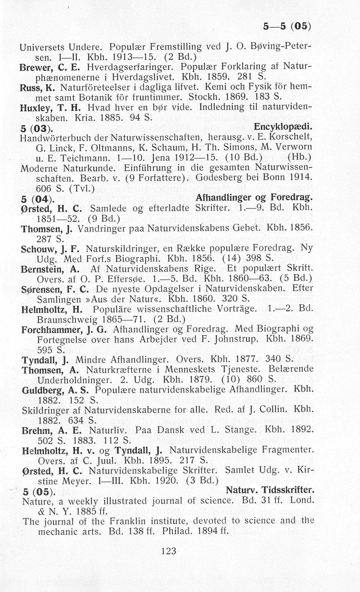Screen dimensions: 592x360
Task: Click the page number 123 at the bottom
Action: pyautogui.click(x=168, y=551)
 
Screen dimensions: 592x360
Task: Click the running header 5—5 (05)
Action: pyautogui.click(x=287, y=27)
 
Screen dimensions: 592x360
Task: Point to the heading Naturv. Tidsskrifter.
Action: pyautogui.click(x=270, y=490)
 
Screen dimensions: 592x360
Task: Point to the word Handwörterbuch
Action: pyautogui.click(x=56, y=138)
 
